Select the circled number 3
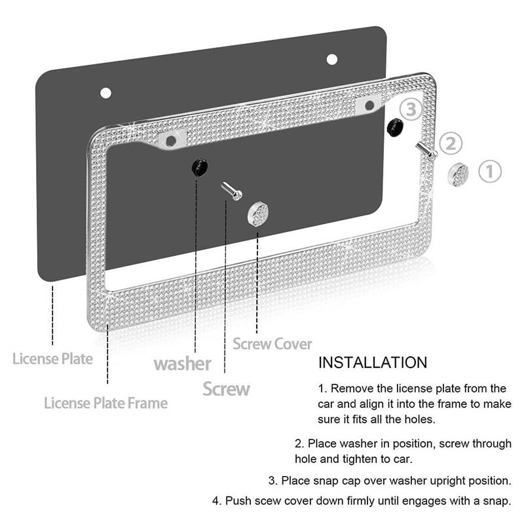pos(411,109)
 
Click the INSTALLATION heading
pos(372,362)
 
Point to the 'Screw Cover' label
pos(272,343)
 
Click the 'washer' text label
pos(182,364)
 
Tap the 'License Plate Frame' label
pos(105,402)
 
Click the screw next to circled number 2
pos(426,150)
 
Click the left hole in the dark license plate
pos(105,92)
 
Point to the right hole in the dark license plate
pos(331,59)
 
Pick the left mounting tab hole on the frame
pos(171,140)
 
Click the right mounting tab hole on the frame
pos(369,105)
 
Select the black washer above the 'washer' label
pos(198,166)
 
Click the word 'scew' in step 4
pos(272,501)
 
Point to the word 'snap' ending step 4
pos(494,501)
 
